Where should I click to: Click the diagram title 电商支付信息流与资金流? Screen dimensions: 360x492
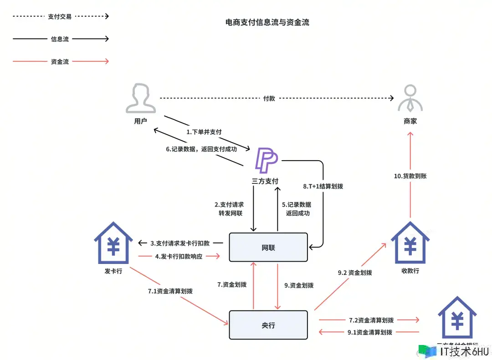click(x=267, y=22)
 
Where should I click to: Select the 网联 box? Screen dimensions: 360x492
click(x=268, y=247)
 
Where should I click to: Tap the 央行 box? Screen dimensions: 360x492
click(x=268, y=325)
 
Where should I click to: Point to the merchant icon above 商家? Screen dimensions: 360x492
click(x=410, y=98)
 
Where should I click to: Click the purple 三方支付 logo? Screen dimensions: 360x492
click(x=266, y=160)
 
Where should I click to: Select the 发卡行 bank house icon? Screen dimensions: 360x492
click(x=113, y=244)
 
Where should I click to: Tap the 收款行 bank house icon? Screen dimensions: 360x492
click(x=410, y=244)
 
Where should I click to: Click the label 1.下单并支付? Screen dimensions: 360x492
click(x=204, y=132)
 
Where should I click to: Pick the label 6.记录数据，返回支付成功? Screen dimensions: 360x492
click(x=201, y=149)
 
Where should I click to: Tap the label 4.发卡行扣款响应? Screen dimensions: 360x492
click(x=181, y=256)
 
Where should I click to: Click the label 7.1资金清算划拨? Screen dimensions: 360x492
click(x=170, y=291)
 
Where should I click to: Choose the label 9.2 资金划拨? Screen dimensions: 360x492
click(x=355, y=273)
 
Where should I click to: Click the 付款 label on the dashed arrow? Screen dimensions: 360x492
click(x=269, y=98)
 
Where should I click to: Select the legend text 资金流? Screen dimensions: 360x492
click(x=60, y=61)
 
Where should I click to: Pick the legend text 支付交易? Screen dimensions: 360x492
click(x=60, y=16)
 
